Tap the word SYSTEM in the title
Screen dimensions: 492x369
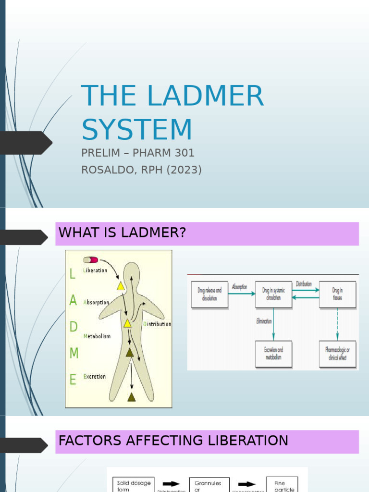pyautogui.click(x=137, y=130)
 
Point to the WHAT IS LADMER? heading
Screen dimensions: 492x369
pyautogui.click(x=122, y=234)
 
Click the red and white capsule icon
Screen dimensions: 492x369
pyautogui.click(x=91, y=260)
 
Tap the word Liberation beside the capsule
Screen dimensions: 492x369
pyautogui.click(x=95, y=271)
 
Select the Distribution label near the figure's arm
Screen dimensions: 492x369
pyautogui.click(x=157, y=324)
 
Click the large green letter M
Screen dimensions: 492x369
pyautogui.click(x=74, y=354)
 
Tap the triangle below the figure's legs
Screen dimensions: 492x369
pyautogui.click(x=131, y=397)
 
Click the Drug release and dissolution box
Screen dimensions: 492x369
pyautogui.click(x=209, y=294)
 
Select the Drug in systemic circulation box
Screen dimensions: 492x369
pyautogui.click(x=273, y=294)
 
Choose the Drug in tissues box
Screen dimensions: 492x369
pyautogui.click(x=337, y=294)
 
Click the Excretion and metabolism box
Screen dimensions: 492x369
pyautogui.click(x=273, y=354)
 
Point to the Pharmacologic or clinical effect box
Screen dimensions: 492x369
pyautogui.click(x=337, y=354)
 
